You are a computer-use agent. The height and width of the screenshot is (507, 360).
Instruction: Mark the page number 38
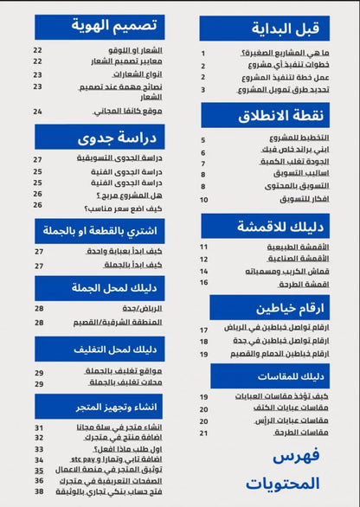coord(39,491)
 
